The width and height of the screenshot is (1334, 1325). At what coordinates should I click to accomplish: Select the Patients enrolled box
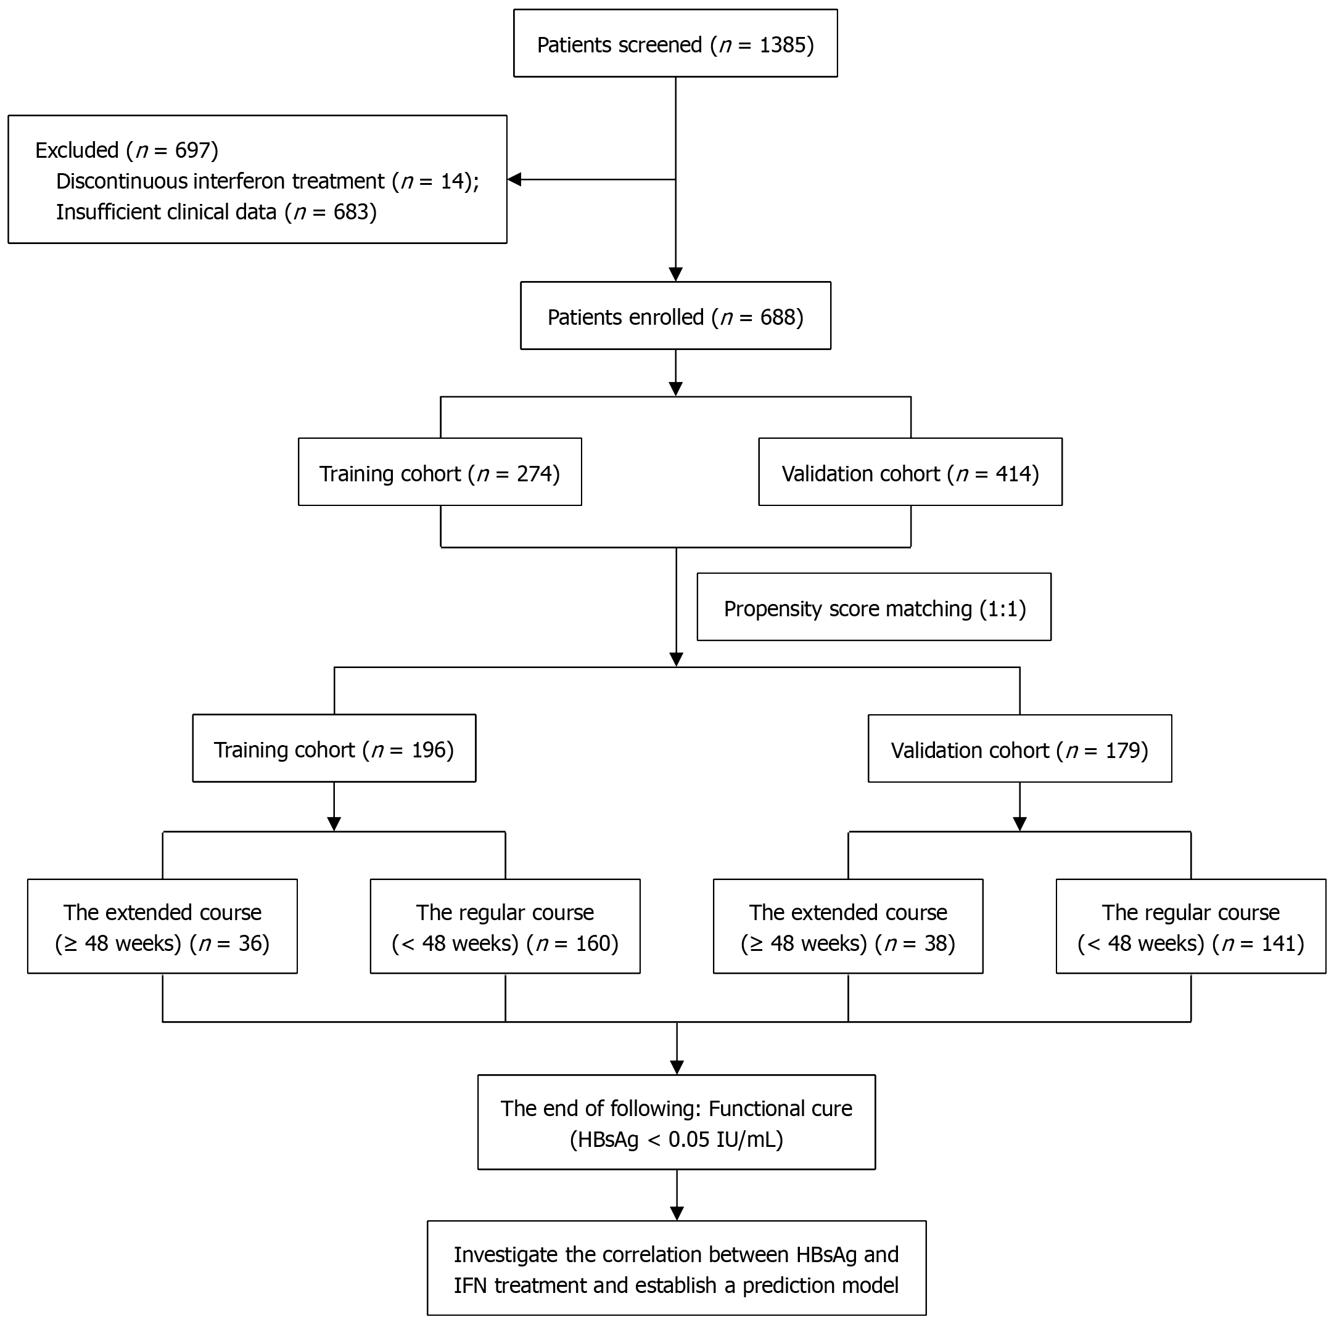[x=675, y=316]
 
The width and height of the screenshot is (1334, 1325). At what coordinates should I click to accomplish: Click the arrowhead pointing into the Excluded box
[x=514, y=179]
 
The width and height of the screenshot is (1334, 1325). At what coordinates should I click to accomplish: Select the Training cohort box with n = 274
[x=439, y=473]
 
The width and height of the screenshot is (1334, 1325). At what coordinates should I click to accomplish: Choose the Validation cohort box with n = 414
[x=910, y=473]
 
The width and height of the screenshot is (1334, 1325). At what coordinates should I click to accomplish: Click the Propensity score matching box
[x=873, y=607]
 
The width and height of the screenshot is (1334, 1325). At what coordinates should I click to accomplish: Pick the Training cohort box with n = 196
[x=334, y=749]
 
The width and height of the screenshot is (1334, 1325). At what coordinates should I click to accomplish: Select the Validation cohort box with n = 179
[x=1019, y=749]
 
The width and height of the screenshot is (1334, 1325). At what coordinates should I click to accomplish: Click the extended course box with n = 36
[x=162, y=927]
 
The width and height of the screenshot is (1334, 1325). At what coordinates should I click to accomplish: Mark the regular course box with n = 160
[x=504, y=927]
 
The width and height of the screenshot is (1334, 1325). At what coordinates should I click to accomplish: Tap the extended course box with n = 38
[x=848, y=927]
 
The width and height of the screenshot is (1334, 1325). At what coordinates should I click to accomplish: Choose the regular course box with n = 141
[x=1190, y=927]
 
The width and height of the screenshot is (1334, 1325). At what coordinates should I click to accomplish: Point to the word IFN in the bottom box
[x=471, y=1286]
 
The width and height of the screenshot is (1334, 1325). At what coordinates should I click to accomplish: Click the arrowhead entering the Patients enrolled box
[x=676, y=274]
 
